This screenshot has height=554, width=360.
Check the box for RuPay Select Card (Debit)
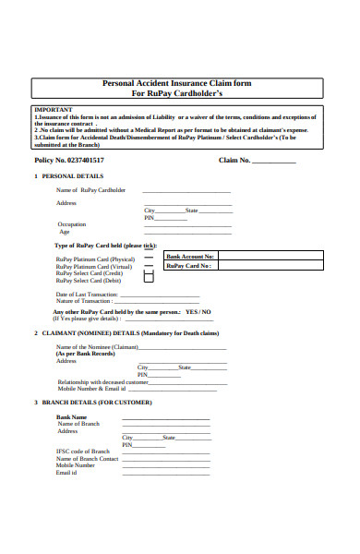[x=150, y=279]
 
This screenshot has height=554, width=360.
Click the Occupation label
[x=71, y=224]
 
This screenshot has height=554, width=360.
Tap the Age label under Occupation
[x=64, y=232]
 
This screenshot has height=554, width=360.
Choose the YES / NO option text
[x=198, y=312]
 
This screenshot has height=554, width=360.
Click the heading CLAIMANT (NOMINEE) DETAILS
[x=129, y=332]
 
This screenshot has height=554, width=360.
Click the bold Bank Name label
[x=72, y=417]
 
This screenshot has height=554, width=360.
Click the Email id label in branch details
[x=66, y=473]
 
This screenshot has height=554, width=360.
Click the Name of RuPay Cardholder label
[x=90, y=190]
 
